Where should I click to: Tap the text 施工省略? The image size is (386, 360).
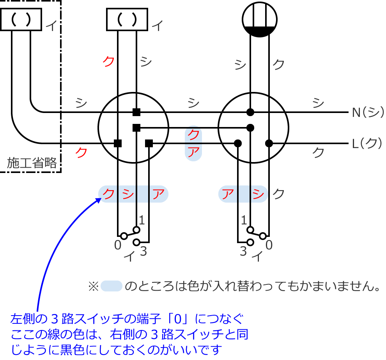tap(32, 163)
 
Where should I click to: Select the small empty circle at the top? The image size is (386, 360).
tap(259, 19)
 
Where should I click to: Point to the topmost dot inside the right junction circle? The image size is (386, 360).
tap(250, 112)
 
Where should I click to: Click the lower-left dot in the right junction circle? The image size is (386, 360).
tap(237, 143)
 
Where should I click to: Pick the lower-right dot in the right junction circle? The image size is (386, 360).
tap(269, 143)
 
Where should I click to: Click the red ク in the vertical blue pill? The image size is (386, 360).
tap(193, 135)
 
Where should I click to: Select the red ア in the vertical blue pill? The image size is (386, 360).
tap(193, 151)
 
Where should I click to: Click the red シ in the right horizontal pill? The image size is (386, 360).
tap(259, 194)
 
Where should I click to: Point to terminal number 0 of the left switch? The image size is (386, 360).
tap(118, 245)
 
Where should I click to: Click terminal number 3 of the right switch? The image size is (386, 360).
tap(243, 252)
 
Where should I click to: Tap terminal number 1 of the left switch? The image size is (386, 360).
tap(142, 221)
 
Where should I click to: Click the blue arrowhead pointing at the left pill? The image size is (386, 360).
tap(98, 199)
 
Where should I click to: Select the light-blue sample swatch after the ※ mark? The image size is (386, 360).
tap(112, 286)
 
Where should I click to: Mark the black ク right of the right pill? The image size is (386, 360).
tap(278, 194)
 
